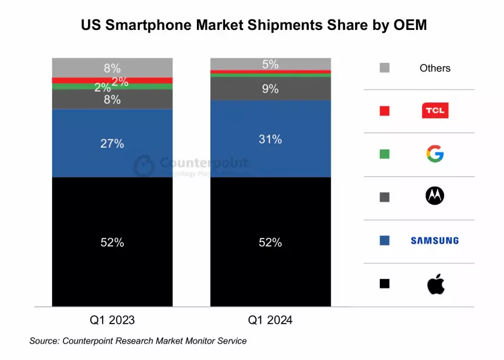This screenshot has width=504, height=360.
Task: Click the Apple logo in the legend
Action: [x=435, y=284]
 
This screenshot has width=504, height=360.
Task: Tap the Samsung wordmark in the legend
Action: [x=434, y=240]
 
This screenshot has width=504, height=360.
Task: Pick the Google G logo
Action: [x=435, y=154]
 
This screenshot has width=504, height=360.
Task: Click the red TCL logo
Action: [x=435, y=110]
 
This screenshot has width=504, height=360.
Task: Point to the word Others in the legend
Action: [x=435, y=68]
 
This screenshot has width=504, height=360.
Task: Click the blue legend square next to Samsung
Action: [x=384, y=240]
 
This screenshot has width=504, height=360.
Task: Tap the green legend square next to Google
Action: [x=384, y=154]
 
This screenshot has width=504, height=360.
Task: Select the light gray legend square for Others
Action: [x=384, y=68]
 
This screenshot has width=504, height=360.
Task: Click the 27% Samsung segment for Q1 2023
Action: [x=112, y=143]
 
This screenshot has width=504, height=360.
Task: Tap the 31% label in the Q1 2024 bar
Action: [x=270, y=139]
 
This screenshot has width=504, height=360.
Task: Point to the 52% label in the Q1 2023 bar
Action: [x=112, y=242]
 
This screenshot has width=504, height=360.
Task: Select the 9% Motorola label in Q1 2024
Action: [x=270, y=89]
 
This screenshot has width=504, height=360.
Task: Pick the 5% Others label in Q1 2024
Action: [x=270, y=64]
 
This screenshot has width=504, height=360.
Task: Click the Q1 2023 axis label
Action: [x=112, y=320]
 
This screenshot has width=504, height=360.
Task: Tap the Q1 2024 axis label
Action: [x=270, y=320]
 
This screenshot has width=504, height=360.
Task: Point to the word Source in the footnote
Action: [x=45, y=341]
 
